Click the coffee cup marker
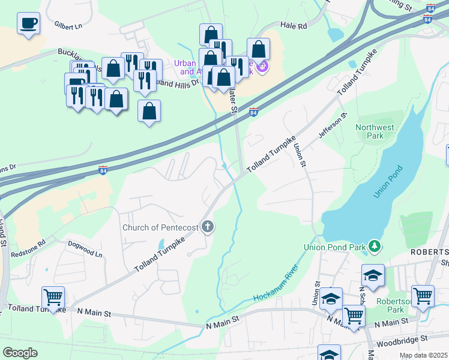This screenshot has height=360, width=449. (28, 24)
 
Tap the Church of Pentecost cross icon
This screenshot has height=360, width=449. (208, 227)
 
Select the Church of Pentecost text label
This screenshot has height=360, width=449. (160, 227)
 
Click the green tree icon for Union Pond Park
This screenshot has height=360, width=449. (375, 245)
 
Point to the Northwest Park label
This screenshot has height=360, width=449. (375, 131)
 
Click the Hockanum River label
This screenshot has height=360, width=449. (276, 287)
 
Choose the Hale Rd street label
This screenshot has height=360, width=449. (294, 26)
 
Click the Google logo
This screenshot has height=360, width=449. (20, 353)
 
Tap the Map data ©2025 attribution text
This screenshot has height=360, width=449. (423, 355)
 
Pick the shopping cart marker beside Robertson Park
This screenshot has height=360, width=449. (423, 295)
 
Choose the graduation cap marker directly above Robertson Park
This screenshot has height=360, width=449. (373, 275)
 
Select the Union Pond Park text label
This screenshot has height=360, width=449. (335, 246)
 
